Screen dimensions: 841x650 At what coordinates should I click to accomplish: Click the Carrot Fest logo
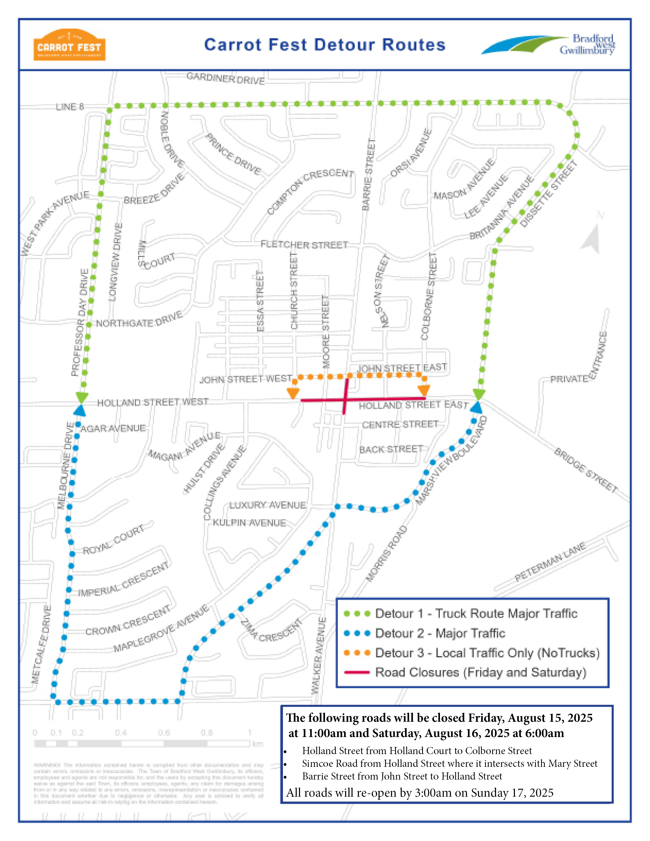pos(69,45)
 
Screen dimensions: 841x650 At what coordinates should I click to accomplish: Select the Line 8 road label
pos(70,107)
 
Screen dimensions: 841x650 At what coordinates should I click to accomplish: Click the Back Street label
pos(391,449)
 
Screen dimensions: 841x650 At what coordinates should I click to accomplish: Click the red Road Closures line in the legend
pos(357,672)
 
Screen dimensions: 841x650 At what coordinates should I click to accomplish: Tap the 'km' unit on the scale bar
pos(258,744)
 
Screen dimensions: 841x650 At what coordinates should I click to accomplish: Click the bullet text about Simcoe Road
pos(449,763)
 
